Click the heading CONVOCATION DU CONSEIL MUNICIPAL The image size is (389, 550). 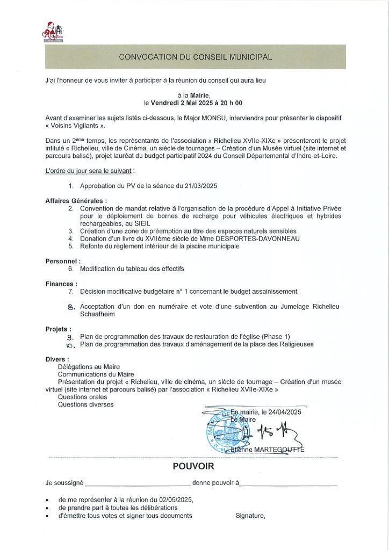coord(195,56)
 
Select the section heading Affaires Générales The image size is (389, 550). coord(76,200)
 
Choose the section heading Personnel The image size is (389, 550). coord(63,261)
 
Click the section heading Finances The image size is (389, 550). coord(61,284)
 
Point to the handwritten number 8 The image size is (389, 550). coord(69,307)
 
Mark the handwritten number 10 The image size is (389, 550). coord(69,345)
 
